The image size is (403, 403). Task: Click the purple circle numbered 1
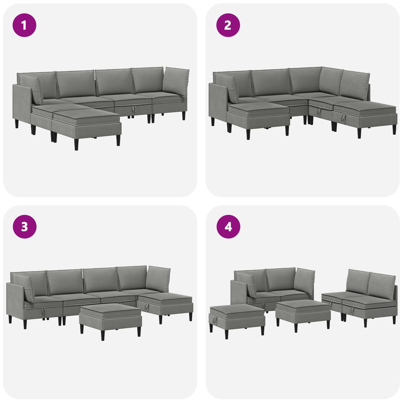(24, 25)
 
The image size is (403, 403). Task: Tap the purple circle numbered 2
(228, 25)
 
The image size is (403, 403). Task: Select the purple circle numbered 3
(24, 227)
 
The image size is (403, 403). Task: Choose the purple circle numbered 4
(228, 227)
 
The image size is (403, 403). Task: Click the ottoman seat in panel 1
(87, 124)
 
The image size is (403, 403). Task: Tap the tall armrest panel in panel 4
(239, 293)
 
